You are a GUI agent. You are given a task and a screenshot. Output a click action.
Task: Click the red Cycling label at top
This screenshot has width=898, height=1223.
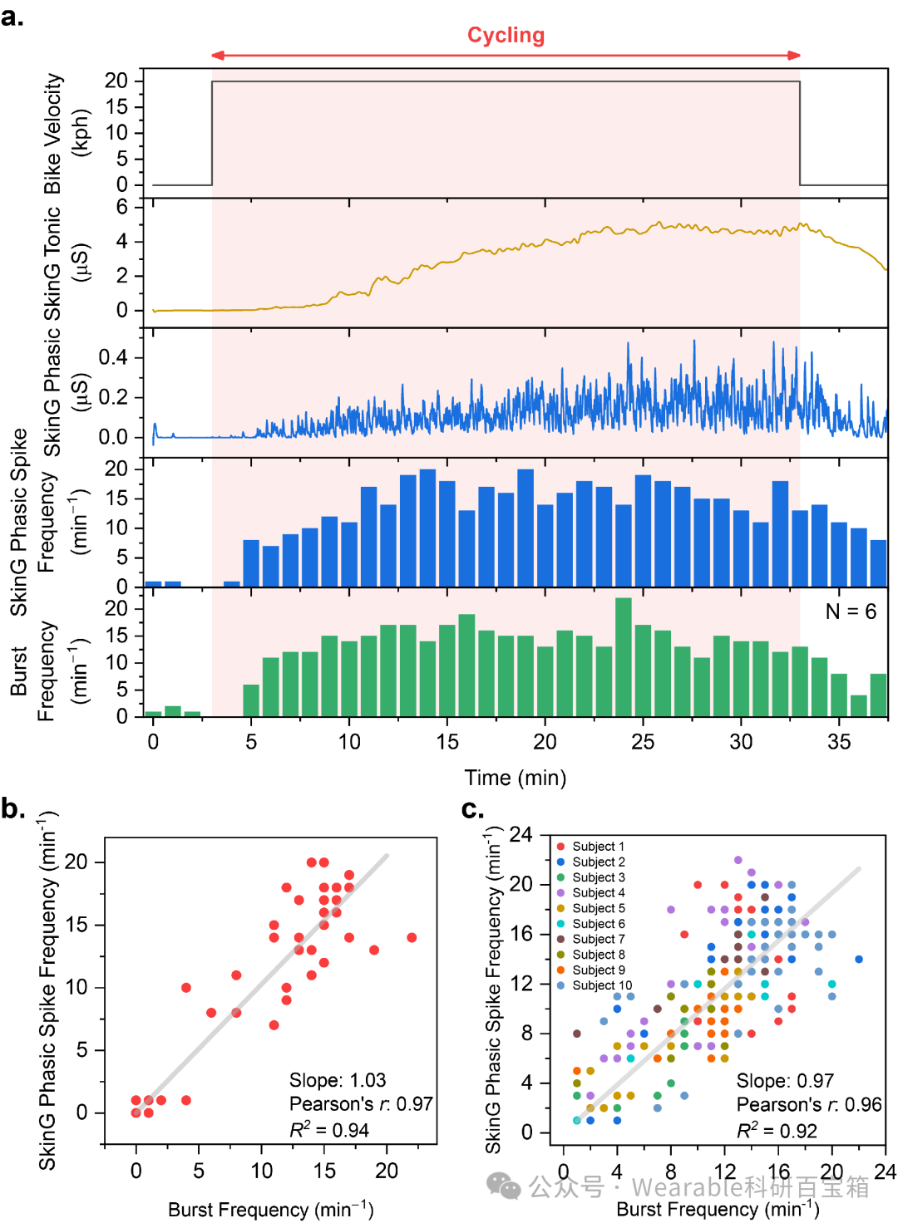(506, 35)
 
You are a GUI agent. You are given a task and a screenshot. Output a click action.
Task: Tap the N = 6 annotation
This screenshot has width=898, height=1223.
(851, 611)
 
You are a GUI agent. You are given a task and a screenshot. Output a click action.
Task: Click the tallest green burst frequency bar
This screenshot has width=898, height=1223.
(623, 657)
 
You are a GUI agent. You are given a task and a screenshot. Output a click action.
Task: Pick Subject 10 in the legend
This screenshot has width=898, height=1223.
(595, 985)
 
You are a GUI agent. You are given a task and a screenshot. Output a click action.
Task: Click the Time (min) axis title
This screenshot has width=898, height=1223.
(515, 778)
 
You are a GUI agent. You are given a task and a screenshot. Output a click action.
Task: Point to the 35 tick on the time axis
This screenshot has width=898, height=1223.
(838, 741)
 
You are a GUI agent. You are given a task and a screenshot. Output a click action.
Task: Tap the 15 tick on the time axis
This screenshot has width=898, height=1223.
(447, 741)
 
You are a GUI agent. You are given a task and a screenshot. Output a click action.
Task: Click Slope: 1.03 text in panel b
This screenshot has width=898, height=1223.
(338, 1080)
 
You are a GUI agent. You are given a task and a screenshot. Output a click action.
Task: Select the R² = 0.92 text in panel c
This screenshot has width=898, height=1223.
(777, 1131)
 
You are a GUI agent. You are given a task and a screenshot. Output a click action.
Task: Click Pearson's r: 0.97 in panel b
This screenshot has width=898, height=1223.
(361, 1104)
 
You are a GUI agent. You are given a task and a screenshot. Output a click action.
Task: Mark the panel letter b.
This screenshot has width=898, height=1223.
(12, 808)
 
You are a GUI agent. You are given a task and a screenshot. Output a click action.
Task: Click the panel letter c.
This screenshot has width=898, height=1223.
(472, 808)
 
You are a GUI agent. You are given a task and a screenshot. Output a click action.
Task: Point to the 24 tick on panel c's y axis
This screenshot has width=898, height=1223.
(521, 835)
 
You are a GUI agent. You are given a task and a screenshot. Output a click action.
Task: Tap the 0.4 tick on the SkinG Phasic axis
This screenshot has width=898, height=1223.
(112, 357)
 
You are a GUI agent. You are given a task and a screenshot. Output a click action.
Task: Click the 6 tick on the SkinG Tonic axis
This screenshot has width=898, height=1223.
(121, 207)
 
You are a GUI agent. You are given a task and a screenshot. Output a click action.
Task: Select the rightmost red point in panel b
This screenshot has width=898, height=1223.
(412, 937)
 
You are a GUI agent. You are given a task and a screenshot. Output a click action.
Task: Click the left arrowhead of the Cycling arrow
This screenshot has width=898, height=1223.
(218, 55)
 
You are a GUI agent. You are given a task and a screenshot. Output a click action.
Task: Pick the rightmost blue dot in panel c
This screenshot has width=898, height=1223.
(859, 960)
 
